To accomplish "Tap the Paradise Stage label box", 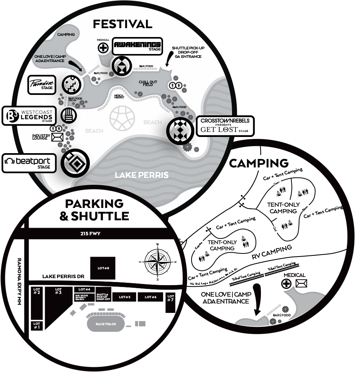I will click(x=42, y=84).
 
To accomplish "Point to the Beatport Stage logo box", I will click(x=29, y=163).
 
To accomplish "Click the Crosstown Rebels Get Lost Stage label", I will click(x=225, y=126).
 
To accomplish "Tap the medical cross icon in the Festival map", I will click(x=103, y=48).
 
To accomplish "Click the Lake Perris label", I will click(x=141, y=175).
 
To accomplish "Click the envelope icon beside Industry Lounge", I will click(x=57, y=137).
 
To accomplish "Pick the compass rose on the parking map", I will click(x=157, y=261).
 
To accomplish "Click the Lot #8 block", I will click(x=102, y=268).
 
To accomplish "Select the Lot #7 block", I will click(x=171, y=303).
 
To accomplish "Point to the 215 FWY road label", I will click(x=91, y=233).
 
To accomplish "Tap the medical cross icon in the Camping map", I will click(x=286, y=284).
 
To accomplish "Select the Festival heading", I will click(x=123, y=24).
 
